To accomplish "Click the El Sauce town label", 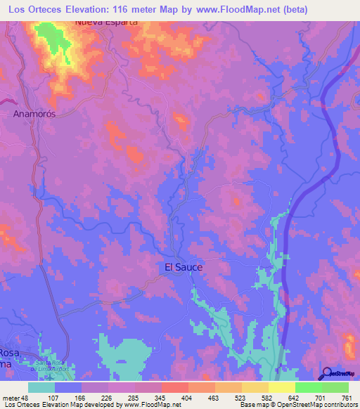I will (x=184, y=267).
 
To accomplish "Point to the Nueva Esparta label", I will (x=105, y=22).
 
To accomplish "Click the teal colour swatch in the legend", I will (x=41, y=387).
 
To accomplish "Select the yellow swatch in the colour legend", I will (x=281, y=387).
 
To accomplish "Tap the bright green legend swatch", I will (x=309, y=387).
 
